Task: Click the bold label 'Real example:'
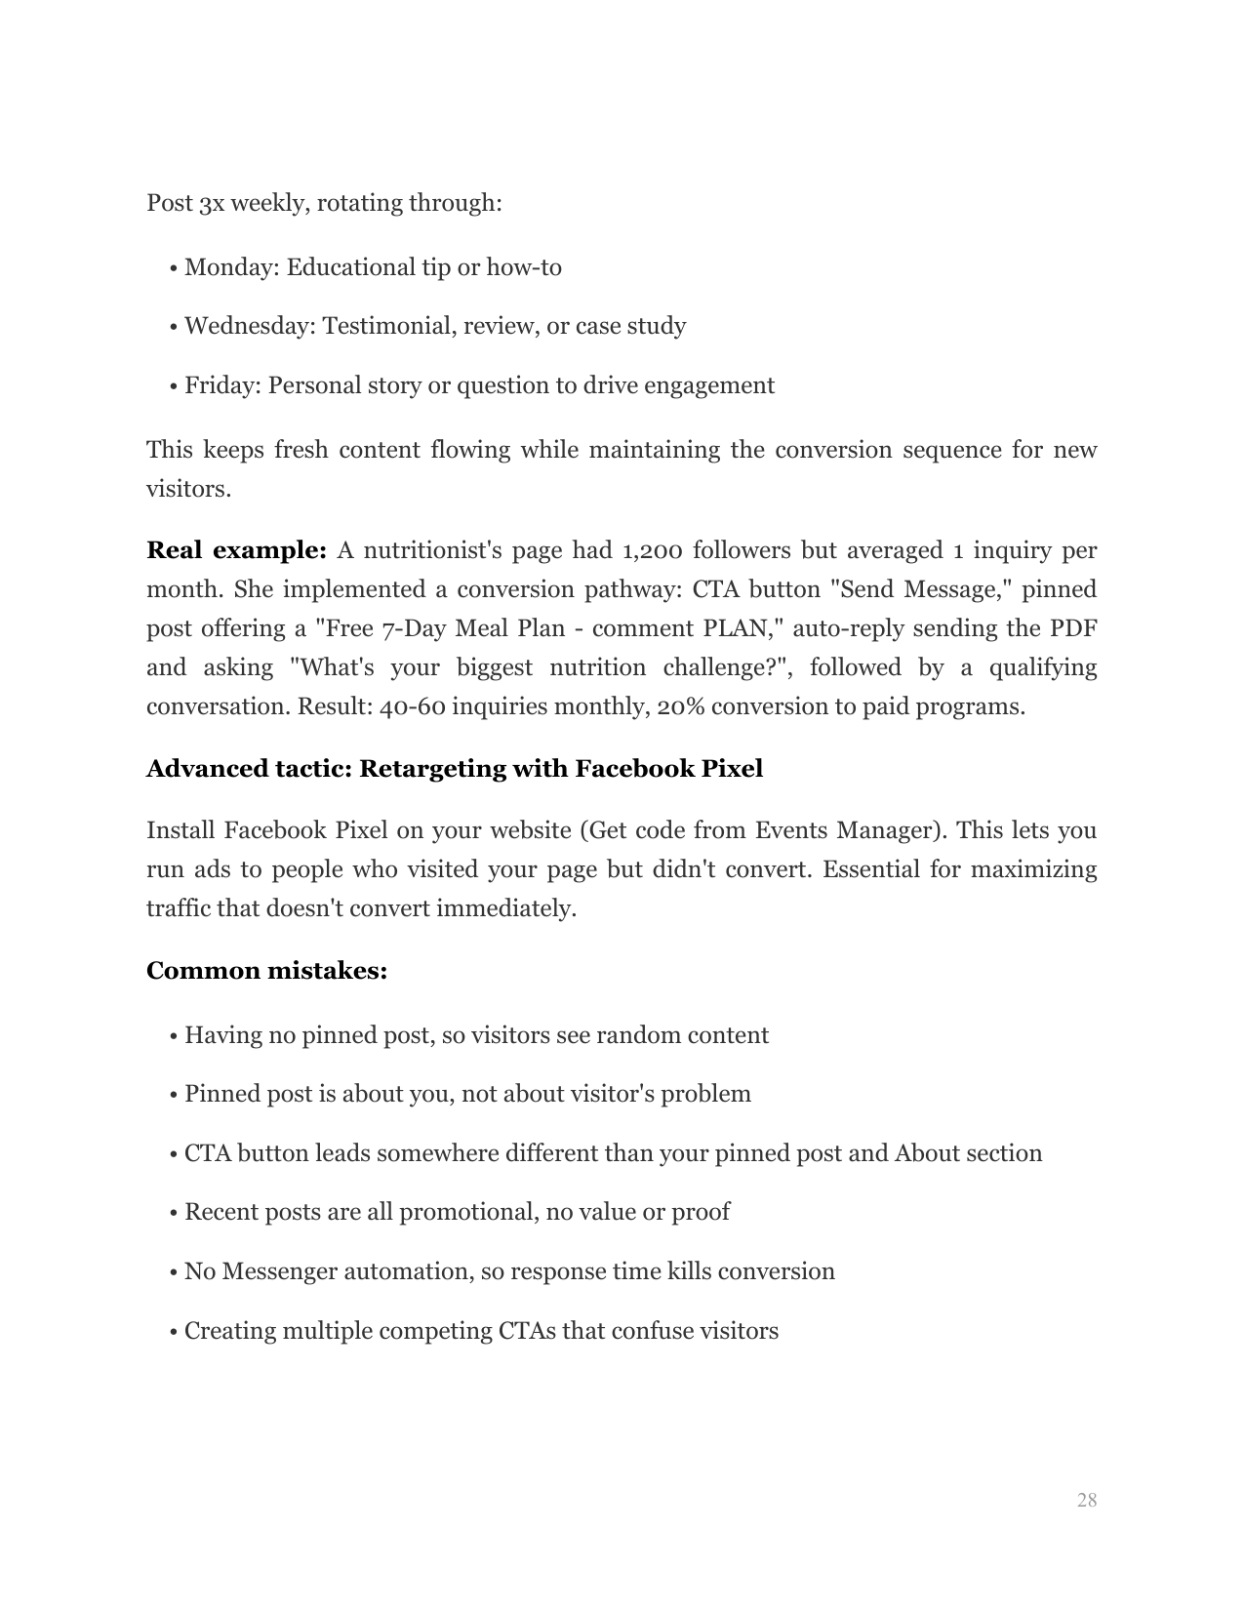pos(236,550)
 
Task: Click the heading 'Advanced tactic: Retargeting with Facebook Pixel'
pos(454,769)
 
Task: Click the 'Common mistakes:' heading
pos(266,971)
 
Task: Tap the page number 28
pos(1087,1500)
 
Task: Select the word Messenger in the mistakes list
pos(276,1271)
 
